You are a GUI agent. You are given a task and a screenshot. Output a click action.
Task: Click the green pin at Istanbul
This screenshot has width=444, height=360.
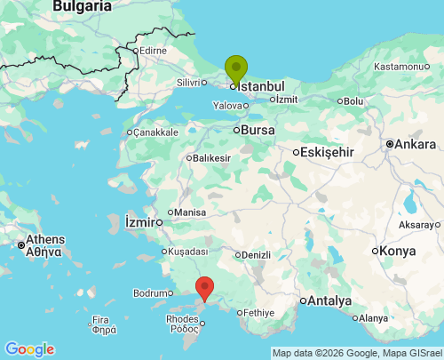point(235,68)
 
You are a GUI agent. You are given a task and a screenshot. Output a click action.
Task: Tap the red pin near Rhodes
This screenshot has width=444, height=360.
point(204,288)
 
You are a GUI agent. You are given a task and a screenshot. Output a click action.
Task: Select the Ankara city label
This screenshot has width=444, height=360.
point(416,144)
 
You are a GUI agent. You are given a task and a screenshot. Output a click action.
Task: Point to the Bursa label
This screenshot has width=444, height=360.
point(259,130)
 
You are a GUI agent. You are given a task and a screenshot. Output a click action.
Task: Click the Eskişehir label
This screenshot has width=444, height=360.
point(327,152)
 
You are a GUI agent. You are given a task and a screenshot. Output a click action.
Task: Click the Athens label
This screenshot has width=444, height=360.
point(44,239)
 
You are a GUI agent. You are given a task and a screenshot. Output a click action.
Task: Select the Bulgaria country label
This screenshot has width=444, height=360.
point(83,6)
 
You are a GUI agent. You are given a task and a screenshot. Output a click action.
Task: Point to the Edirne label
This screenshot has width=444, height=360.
point(152,51)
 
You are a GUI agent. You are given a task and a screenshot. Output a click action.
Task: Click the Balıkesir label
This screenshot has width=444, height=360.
point(211,158)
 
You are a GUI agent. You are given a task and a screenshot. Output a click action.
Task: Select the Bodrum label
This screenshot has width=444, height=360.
point(148,293)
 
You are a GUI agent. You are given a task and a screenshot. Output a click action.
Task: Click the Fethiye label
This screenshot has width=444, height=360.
point(260,313)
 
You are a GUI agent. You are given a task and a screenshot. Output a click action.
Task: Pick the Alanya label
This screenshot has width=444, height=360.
point(373,318)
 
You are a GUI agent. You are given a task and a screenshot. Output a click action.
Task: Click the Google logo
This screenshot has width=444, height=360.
point(29,349)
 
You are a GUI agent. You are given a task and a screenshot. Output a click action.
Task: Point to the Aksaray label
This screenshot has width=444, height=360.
point(416,226)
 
